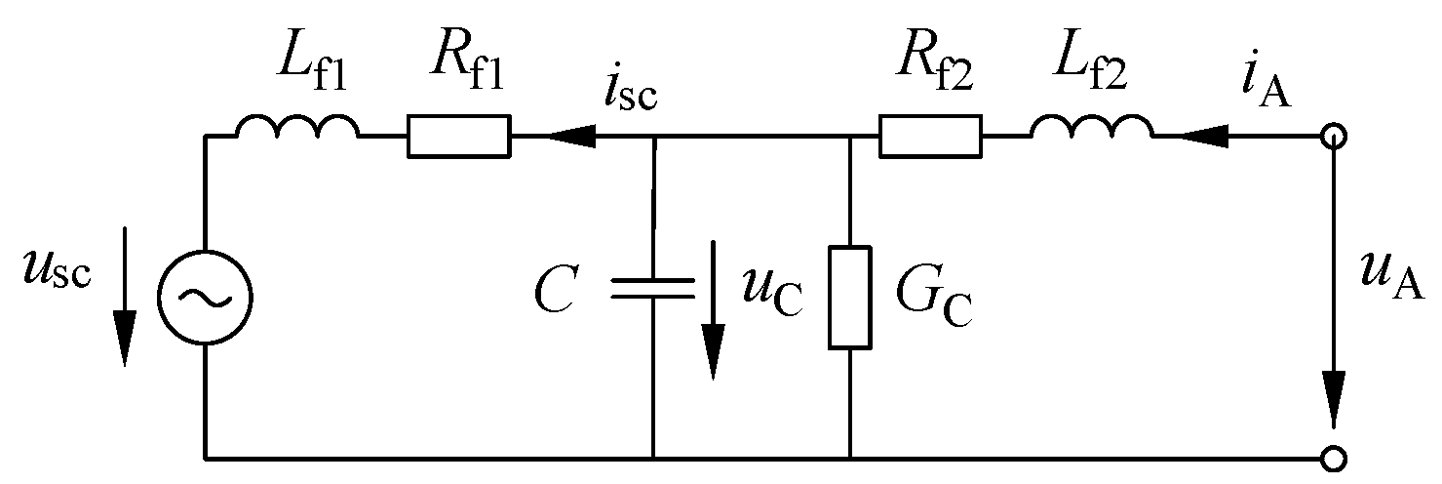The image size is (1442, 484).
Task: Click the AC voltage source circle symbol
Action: (x=205, y=299)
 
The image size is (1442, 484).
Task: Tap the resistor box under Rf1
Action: (x=458, y=137)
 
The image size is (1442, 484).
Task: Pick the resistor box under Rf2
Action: (x=930, y=137)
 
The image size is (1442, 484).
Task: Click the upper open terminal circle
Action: (x=1333, y=138)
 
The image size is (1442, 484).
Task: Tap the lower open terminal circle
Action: (x=1333, y=457)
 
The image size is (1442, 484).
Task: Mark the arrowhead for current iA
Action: (x=1195, y=138)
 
